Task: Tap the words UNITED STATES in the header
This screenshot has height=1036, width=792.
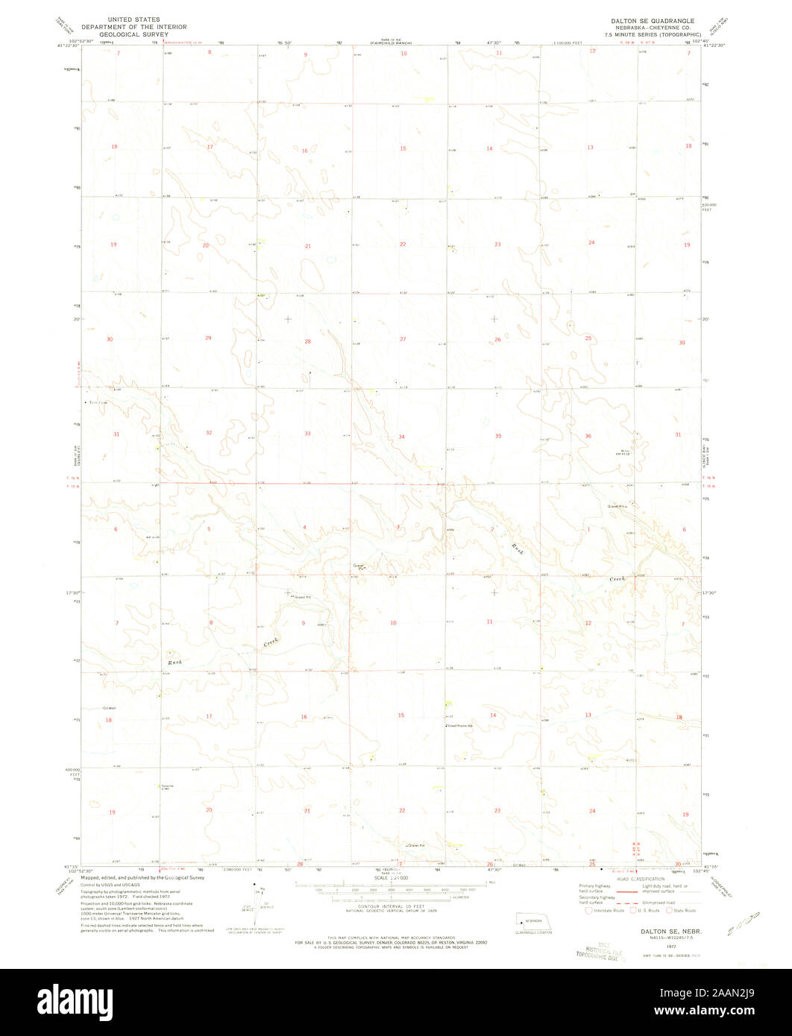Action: [133, 19]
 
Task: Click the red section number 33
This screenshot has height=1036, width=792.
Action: [307, 433]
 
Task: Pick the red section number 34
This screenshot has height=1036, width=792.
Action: [401, 436]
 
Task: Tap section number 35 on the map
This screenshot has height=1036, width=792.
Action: [497, 435]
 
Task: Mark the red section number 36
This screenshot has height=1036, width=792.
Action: [588, 436]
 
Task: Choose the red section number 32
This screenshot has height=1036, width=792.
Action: [209, 432]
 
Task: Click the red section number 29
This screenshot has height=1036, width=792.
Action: [208, 338]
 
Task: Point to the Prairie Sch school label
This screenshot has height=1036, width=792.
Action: [462, 725]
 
